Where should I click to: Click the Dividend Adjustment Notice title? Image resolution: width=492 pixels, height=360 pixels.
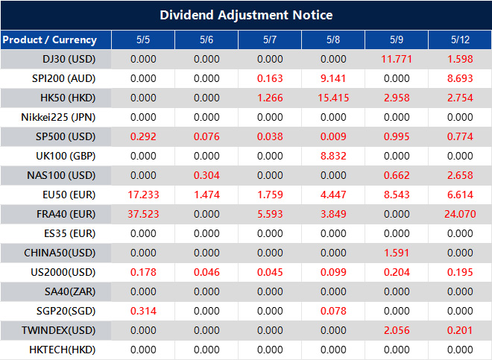pos(246,15)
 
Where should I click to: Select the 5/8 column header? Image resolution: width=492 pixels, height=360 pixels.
pos(333,40)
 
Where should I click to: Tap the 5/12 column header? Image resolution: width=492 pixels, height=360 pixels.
pos(460,40)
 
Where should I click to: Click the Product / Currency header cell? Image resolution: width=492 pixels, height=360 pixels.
pos(50,40)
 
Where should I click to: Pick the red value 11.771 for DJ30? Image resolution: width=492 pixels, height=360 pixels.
pos(397,59)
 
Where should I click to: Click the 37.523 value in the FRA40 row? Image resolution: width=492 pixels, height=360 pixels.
pos(143,214)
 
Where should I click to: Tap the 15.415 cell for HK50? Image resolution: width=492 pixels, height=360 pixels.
pos(333,98)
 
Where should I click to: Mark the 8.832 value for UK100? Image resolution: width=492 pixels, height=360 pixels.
pos(333,156)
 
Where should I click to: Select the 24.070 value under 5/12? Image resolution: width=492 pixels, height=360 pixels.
pos(460,214)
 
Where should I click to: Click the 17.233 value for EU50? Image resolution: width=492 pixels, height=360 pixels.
pos(143,195)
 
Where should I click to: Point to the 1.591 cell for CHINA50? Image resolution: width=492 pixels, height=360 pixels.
pos(397,253)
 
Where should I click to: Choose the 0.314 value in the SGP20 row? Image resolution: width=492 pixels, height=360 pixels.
pos(143,311)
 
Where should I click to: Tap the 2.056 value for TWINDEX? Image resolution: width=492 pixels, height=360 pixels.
pos(397,330)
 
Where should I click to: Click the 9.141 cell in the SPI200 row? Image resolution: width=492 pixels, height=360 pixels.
pos(333,78)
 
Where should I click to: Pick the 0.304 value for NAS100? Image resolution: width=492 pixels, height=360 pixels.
pos(206,175)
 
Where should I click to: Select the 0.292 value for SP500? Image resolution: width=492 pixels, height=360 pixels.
pos(143,136)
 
